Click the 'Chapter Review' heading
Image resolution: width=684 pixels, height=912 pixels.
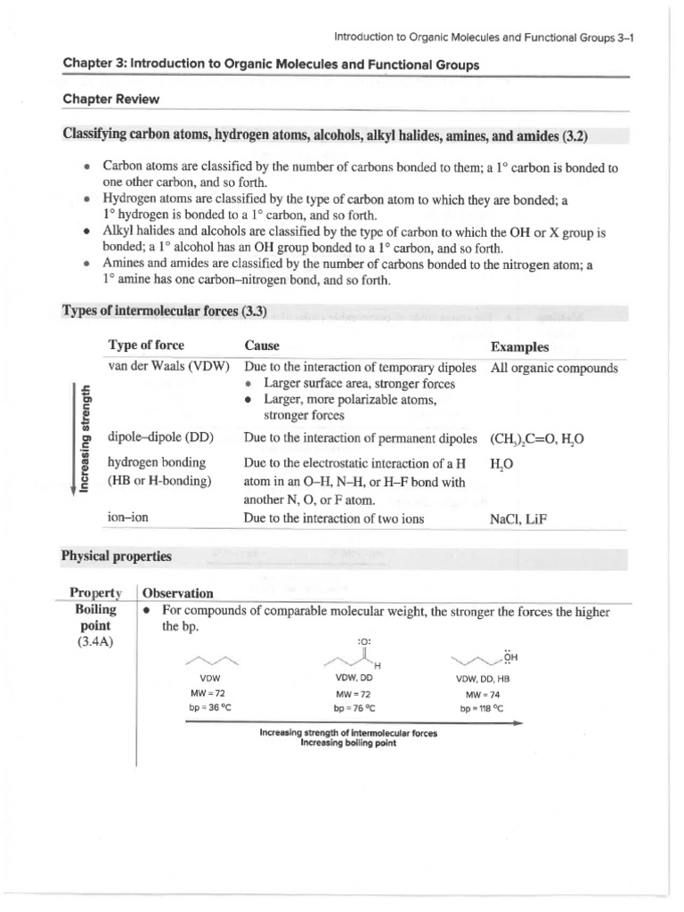click(110, 99)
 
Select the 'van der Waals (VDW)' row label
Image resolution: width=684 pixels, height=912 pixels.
click(168, 367)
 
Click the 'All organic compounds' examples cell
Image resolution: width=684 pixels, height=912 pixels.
click(553, 367)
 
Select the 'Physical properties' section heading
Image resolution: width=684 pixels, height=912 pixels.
click(117, 557)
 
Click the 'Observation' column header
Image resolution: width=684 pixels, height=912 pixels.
click(178, 593)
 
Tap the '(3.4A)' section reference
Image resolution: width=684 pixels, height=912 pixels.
click(95, 643)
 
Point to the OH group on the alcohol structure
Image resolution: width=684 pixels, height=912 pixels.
click(509, 659)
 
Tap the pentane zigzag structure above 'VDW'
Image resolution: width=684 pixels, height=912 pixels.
click(211, 662)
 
